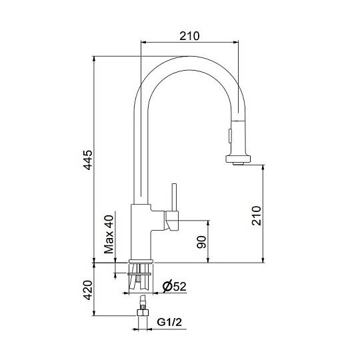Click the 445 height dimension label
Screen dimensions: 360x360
tap(88, 160)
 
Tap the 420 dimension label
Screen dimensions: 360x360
tap(88, 290)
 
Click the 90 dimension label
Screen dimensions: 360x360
tap(202, 242)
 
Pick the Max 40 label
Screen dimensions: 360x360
tap(109, 234)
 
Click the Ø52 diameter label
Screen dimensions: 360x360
tap(174, 286)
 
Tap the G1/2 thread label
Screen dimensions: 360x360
tap(169, 322)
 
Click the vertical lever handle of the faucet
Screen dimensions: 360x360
tap(174, 197)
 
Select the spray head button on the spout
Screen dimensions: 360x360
tap(230, 136)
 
